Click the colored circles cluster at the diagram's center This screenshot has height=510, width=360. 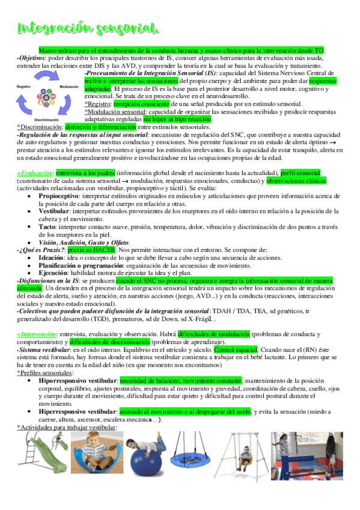47,96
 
